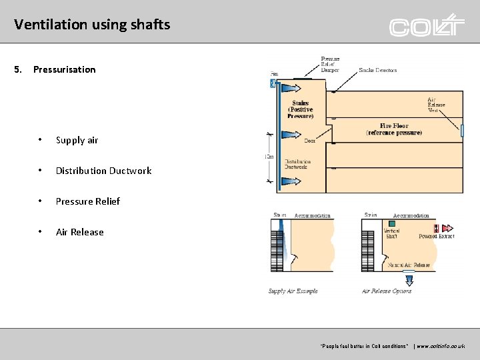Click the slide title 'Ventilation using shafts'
click(x=92, y=25)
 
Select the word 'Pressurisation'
click(x=64, y=69)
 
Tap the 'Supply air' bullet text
click(x=77, y=140)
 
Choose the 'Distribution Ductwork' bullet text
click(x=103, y=171)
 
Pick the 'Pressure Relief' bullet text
click(x=87, y=201)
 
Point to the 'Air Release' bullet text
click(x=79, y=232)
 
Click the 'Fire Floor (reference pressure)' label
click(x=394, y=129)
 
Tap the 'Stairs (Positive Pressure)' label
click(x=300, y=110)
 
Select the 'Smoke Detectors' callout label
click(x=377, y=70)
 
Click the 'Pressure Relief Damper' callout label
click(x=330, y=64)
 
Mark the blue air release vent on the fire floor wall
click(x=461, y=131)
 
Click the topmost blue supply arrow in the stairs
click(x=288, y=88)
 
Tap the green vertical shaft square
click(x=391, y=224)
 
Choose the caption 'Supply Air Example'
click(x=293, y=291)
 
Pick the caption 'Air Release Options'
click(x=387, y=291)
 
